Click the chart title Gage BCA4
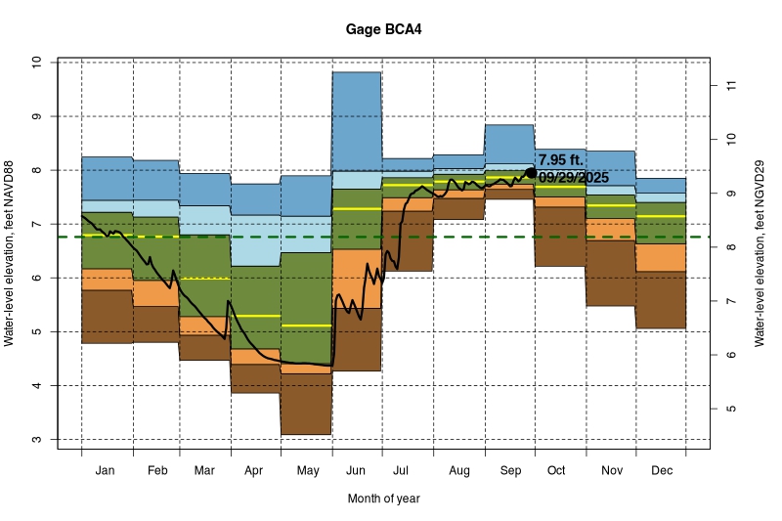384,29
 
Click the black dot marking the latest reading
531,173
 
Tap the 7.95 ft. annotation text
560,159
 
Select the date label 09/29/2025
573,178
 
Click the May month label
307,471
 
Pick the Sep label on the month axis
509,471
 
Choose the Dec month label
661,471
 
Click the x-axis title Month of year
384,499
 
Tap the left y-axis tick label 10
36,62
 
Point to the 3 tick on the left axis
36,440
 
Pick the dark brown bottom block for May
306,404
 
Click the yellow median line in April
256,316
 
